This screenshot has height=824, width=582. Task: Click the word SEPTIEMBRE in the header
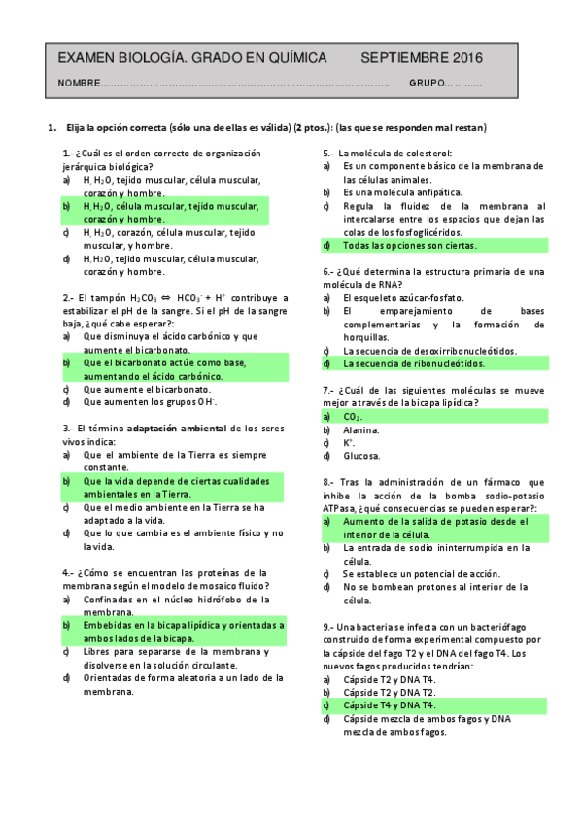coord(404,58)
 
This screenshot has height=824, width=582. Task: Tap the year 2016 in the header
coord(465,58)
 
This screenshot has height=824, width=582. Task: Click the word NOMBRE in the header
coord(79,83)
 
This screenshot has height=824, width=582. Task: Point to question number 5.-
coord(329,154)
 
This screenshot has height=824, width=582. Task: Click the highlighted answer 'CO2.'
coord(354,416)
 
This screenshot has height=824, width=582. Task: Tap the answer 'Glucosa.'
coord(361,455)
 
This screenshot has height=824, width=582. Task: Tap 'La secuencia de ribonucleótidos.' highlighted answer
coord(413,363)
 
